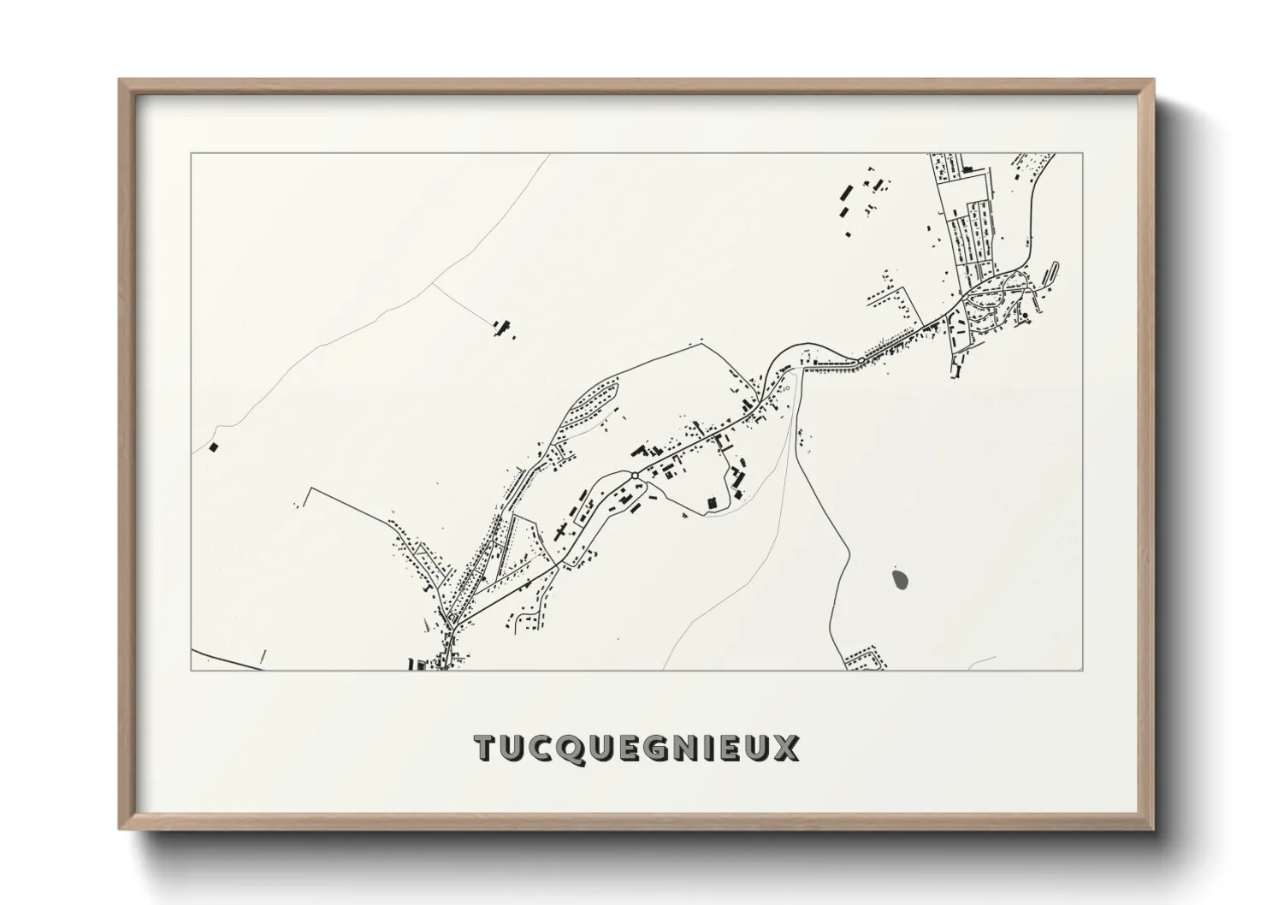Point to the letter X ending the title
point(787,748)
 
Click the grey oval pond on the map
point(900,580)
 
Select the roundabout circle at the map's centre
point(634,476)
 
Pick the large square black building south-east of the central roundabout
point(711,502)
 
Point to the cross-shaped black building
point(561,531)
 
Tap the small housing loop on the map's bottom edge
point(866,659)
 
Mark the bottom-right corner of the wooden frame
point(1153,828)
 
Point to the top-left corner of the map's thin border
point(191,154)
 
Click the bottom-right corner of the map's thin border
point(1083,671)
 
